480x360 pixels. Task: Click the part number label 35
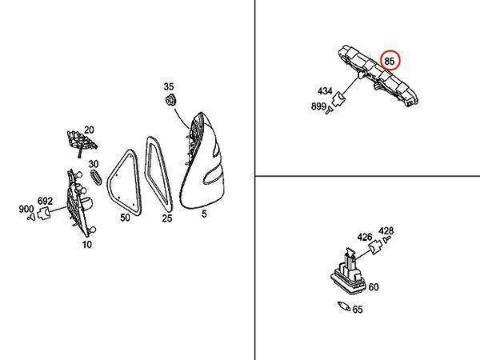[x=168, y=86]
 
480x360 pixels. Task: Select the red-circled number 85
[x=390, y=62]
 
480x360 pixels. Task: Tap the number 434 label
[x=325, y=91]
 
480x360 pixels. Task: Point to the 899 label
[x=318, y=106]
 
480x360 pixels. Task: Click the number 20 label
[x=89, y=130]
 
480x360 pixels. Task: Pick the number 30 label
[x=94, y=164]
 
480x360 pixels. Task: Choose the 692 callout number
[x=45, y=201]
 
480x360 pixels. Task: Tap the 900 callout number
[x=26, y=210]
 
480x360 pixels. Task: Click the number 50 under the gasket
[x=125, y=218]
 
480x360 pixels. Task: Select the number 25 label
[x=167, y=218]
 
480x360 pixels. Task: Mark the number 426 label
[x=365, y=237]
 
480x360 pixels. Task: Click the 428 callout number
[x=386, y=230]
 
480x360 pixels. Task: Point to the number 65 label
[x=358, y=310]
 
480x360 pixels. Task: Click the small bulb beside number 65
[x=344, y=306]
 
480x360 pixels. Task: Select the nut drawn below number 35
[x=170, y=99]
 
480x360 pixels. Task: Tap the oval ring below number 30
[x=96, y=177]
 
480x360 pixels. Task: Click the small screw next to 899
[x=329, y=110]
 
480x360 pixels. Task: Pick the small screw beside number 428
[x=387, y=239]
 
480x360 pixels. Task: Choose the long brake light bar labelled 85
[x=378, y=75]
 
